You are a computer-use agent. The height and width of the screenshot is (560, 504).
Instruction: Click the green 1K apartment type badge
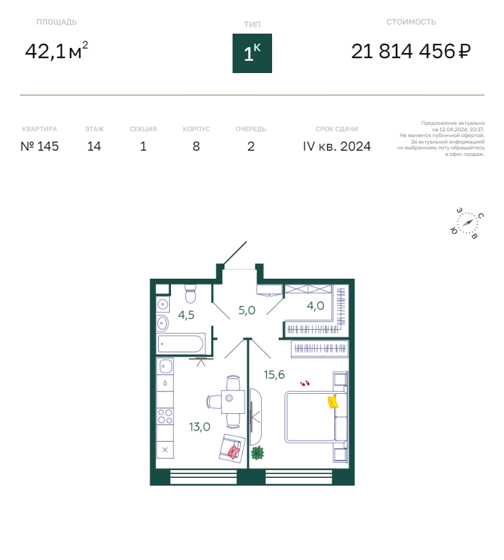(x=252, y=53)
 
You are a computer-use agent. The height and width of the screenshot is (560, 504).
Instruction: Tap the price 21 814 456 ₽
(x=411, y=52)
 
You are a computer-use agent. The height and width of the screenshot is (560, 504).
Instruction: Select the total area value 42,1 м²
(x=56, y=50)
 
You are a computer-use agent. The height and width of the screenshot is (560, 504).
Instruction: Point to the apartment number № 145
(x=40, y=146)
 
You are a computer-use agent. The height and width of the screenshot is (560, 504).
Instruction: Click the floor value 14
(x=94, y=146)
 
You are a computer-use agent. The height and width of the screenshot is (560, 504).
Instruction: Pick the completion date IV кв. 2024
(x=337, y=146)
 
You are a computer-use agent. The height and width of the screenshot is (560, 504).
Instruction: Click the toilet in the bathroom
(x=190, y=294)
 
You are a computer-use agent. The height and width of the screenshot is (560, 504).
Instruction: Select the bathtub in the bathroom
(x=181, y=343)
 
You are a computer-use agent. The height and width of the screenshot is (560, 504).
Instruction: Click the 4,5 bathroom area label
(x=186, y=315)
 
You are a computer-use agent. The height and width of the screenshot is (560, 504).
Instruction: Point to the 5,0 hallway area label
(x=247, y=310)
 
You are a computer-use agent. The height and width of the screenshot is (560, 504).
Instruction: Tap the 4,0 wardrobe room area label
(x=315, y=306)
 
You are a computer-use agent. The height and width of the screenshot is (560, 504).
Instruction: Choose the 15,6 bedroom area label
(x=275, y=374)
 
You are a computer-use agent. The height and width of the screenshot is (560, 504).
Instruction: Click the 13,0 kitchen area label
(x=200, y=427)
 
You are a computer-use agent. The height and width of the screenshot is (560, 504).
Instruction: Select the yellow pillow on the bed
(x=333, y=402)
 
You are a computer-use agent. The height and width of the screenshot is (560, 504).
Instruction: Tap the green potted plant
(x=257, y=453)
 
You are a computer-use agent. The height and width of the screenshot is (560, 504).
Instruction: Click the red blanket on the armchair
(x=234, y=452)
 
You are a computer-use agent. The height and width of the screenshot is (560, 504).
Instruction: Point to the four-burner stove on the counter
(x=165, y=416)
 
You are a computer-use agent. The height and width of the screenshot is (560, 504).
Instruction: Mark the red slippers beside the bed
(x=304, y=383)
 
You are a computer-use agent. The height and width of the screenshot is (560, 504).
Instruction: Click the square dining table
(x=233, y=402)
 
